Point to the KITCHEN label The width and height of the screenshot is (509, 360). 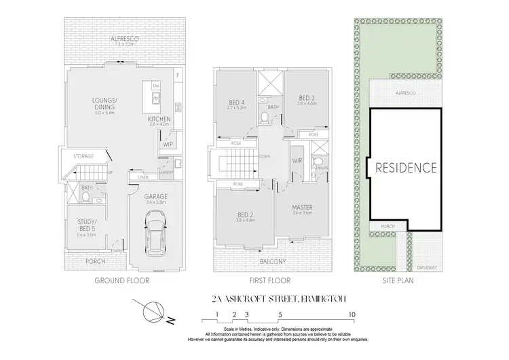tap(159, 120)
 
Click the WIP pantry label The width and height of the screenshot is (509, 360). tap(167, 145)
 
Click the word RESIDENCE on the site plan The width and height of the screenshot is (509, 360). tap(407, 166)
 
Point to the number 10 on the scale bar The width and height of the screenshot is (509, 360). tap(352, 315)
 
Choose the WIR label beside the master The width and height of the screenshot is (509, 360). tap(297, 162)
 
